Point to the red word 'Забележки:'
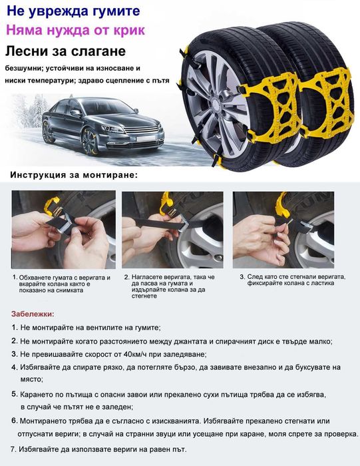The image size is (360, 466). point(33,314)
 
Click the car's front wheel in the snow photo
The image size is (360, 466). point(89,141)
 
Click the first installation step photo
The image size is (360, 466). point(63,230)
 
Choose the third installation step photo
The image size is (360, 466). point(283,230)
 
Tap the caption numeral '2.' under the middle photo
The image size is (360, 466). point(127,276)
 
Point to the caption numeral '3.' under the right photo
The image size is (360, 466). point(242,276)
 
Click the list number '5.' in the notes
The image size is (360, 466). point(15,394)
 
